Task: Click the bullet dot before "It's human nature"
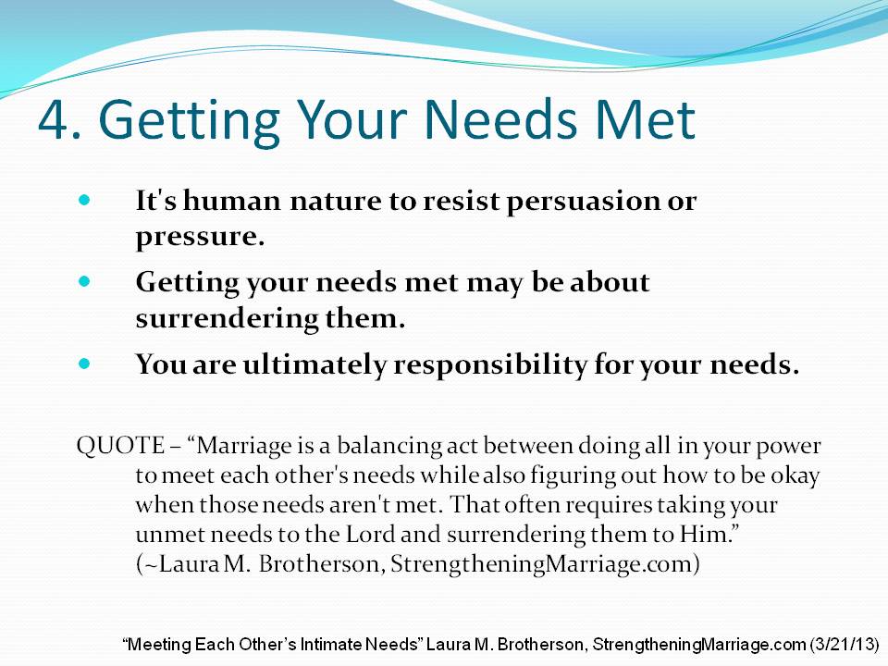(x=84, y=200)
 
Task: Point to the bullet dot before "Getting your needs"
(x=84, y=281)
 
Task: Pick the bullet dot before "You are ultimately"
(x=84, y=363)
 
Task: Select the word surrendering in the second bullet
(x=228, y=318)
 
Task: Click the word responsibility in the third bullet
(x=490, y=364)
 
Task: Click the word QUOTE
(x=120, y=446)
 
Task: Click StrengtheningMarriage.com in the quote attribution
(x=541, y=564)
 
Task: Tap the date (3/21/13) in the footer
(x=845, y=645)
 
